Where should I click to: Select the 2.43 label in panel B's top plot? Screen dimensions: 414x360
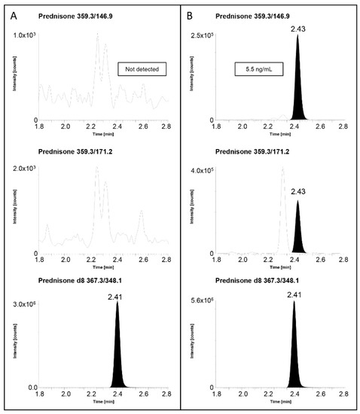point(298,28)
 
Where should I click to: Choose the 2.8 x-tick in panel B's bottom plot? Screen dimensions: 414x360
point(343,396)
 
